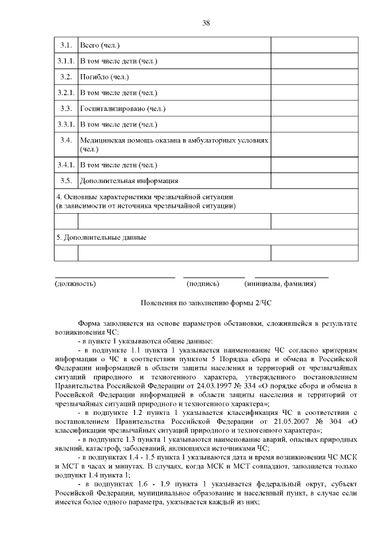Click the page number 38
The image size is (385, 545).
(206, 23)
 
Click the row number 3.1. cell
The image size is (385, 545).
(66, 46)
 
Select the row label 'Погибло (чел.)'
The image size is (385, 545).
(105, 77)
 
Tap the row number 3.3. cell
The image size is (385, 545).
(66, 108)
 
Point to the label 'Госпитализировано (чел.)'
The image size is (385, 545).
(123, 108)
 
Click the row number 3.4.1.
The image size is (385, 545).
(66, 164)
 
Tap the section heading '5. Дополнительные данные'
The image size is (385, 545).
(102, 237)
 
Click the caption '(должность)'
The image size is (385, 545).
(75, 283)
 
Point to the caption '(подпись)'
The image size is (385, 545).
(203, 283)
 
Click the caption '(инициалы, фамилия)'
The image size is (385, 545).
(279, 283)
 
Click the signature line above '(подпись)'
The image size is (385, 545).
(214, 276)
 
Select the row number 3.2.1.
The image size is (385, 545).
(66, 93)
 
